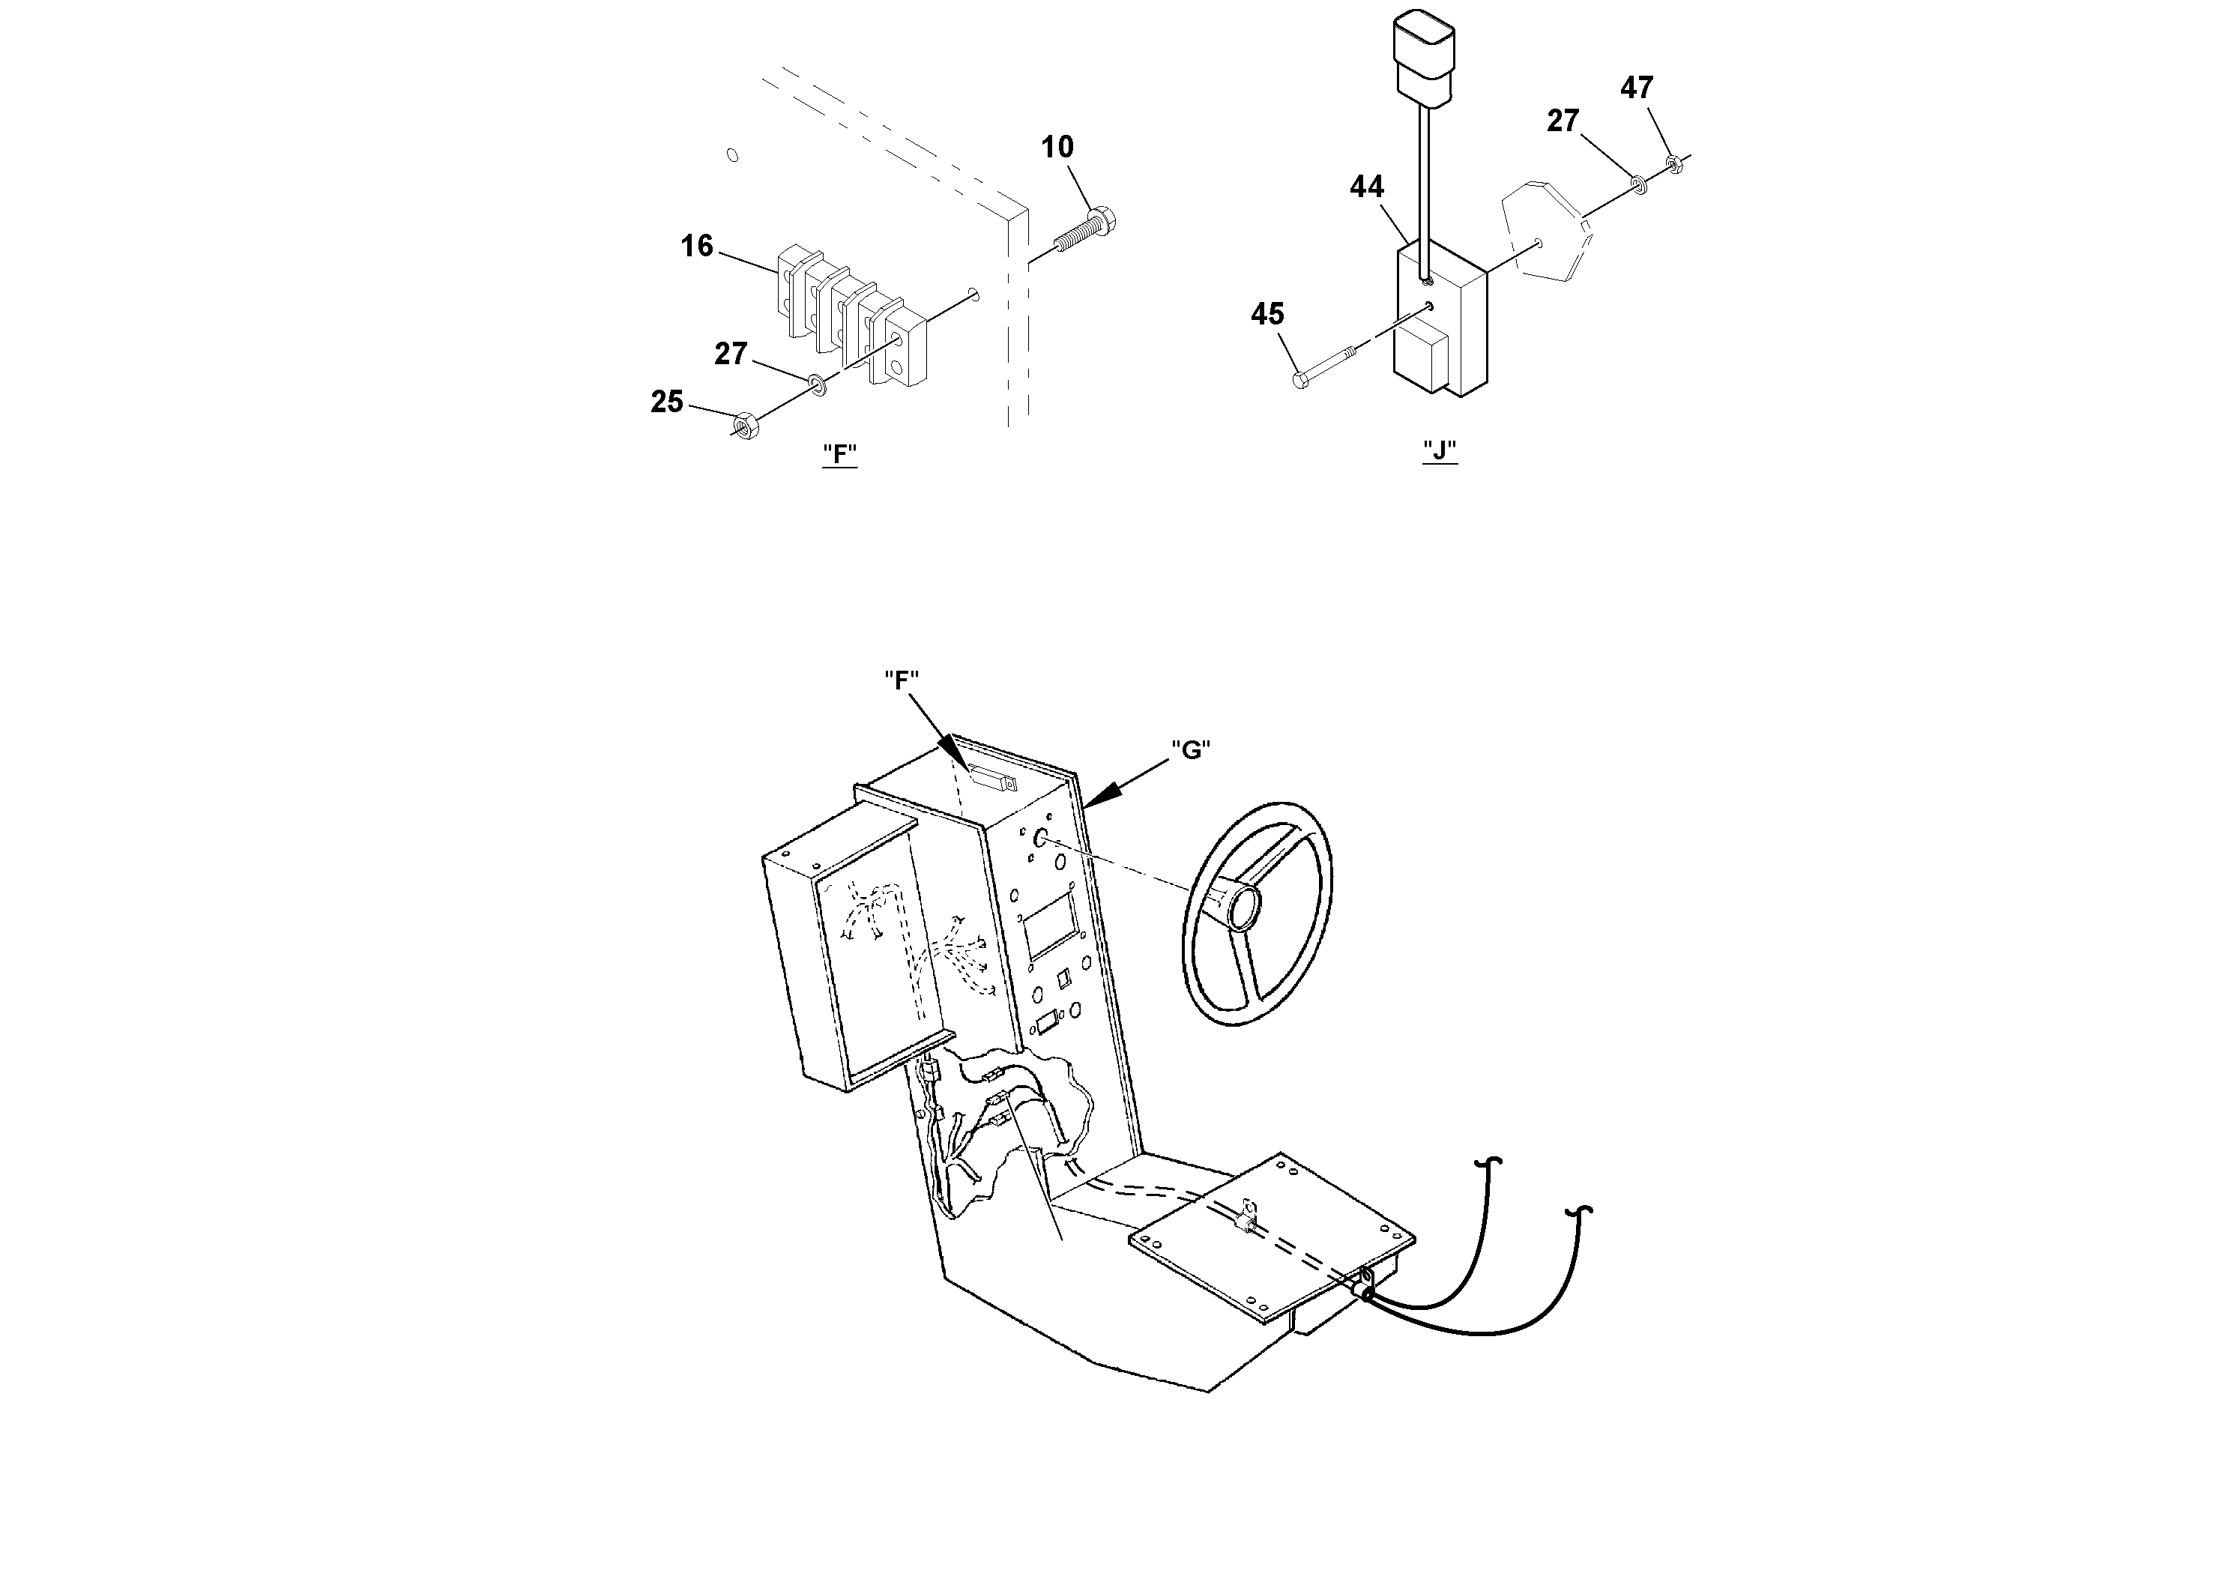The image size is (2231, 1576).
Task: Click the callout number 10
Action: pos(1057,148)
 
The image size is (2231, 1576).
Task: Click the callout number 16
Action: pos(697,247)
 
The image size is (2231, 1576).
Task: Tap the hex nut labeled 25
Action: pos(745,425)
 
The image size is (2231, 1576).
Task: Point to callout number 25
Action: pos(666,402)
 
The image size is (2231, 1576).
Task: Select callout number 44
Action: pos(1366,187)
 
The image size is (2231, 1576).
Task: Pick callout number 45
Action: pos(1267,315)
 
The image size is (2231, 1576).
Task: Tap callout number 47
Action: pos(1636,88)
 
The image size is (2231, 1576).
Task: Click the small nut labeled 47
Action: pos(1673,163)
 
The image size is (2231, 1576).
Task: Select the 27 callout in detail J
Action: pos(1563,121)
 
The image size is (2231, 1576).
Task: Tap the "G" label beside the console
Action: pos(1190,749)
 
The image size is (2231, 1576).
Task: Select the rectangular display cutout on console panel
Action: pos(1049,925)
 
